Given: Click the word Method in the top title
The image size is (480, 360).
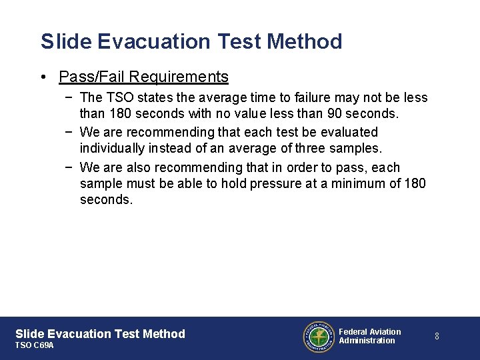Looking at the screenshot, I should [x=304, y=41].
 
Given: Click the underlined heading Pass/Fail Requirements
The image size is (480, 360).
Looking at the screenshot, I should [x=143, y=77].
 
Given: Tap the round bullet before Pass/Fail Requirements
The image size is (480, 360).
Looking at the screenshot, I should [x=43, y=77].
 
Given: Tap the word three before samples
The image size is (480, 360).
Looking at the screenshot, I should [x=312, y=148].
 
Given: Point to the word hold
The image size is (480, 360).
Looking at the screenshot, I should [x=233, y=183].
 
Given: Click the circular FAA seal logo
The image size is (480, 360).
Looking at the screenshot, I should [x=318, y=336].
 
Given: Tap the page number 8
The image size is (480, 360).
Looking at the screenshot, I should [x=437, y=336].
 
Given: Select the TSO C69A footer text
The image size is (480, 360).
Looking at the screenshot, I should [x=34, y=345].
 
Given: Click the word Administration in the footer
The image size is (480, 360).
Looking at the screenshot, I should [x=367, y=341].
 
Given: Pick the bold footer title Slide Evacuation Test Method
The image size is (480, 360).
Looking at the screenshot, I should [x=100, y=333].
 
